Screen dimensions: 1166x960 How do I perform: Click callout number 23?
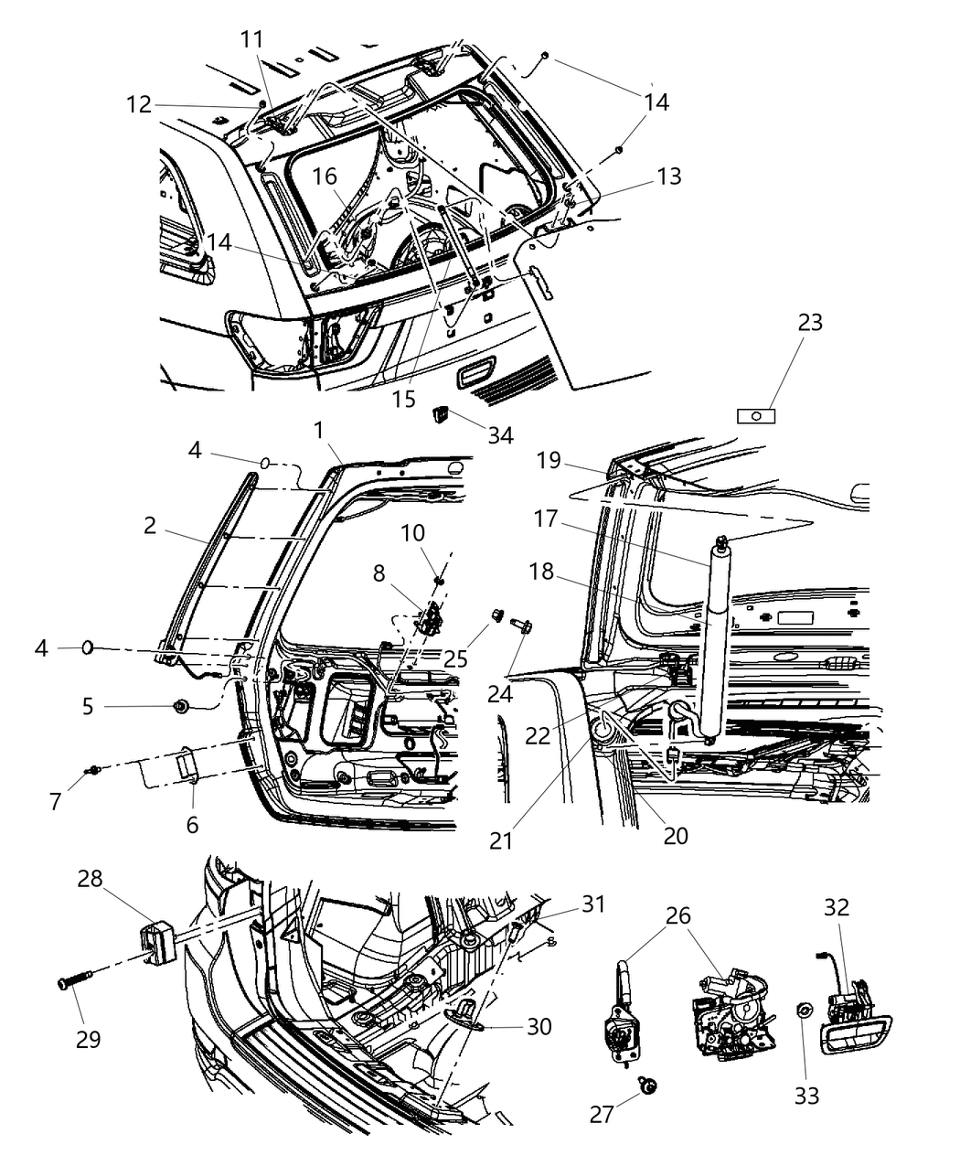coord(809,323)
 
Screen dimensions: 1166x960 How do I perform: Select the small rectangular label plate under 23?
coord(756,416)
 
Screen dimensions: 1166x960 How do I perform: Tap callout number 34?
coord(499,435)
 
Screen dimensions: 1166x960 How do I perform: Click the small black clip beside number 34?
coord(441,417)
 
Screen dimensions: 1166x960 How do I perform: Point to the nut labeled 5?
coord(179,706)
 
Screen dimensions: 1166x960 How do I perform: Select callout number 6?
coord(192,824)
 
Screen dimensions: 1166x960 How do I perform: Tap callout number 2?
coord(150,526)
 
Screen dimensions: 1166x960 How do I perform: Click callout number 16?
coord(326,177)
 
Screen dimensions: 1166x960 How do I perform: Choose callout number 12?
coord(138,104)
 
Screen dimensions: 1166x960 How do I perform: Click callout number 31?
coord(594,904)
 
